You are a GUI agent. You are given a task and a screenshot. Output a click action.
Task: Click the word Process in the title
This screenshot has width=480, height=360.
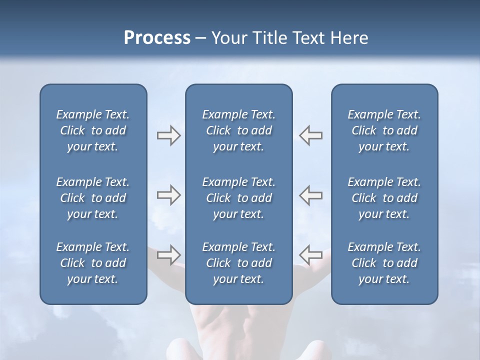157,38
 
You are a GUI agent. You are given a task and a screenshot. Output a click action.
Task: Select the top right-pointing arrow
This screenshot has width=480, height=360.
168,135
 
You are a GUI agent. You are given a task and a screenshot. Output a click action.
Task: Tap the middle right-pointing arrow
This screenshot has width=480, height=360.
168,195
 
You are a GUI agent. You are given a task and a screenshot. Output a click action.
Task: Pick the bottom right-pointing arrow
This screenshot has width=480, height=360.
168,254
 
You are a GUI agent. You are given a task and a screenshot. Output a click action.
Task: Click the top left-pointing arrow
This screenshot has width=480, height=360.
311,135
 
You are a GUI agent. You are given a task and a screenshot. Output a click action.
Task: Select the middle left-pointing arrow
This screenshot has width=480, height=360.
311,195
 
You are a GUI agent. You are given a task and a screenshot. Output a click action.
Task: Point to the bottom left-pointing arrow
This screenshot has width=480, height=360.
311,254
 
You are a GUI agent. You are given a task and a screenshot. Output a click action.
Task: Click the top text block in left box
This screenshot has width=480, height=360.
93,130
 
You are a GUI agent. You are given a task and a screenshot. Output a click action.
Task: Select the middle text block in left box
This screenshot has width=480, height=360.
93,198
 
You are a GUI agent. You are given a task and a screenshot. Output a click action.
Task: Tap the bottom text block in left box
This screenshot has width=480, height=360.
93,263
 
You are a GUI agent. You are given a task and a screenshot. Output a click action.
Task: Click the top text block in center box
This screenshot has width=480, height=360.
238,130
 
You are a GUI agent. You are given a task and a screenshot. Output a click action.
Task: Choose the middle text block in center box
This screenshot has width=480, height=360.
238,198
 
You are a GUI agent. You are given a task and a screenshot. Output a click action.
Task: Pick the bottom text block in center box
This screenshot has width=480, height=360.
238,263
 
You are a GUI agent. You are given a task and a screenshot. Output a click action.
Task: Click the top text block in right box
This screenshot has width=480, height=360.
384,130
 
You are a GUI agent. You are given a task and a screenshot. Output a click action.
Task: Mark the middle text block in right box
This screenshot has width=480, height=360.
384,198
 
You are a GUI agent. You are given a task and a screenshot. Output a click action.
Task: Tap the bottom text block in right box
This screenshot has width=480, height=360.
384,263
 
